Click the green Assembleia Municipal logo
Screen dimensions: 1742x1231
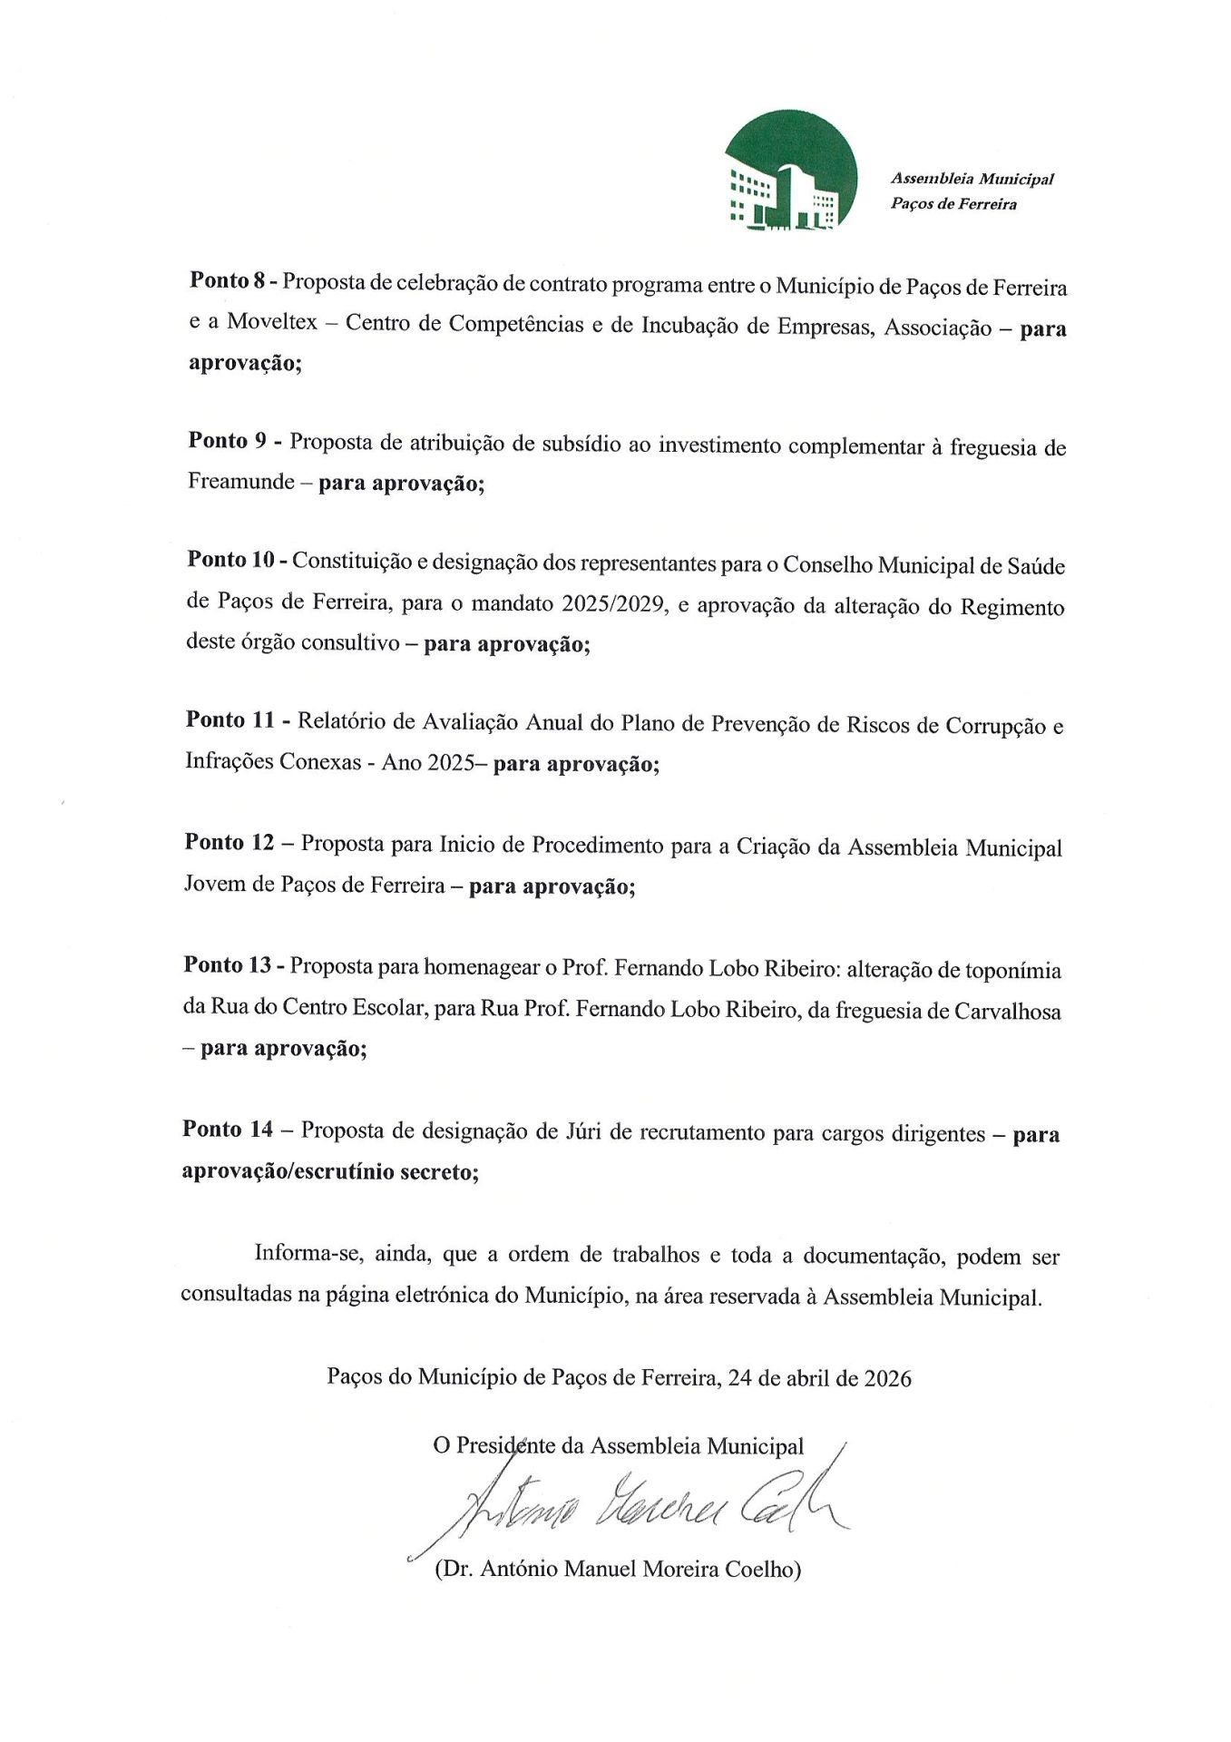[x=790, y=170]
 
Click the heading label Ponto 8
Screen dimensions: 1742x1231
[x=227, y=280]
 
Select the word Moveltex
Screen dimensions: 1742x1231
[x=272, y=322]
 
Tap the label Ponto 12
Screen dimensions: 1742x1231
[x=229, y=843]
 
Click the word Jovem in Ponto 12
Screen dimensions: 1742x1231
[x=215, y=884]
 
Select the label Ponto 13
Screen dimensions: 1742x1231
[x=227, y=965]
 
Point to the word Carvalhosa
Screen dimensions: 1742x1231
[x=1008, y=1011]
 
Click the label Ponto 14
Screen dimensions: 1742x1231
[x=227, y=1130]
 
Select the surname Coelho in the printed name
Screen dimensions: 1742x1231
[x=761, y=1569]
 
